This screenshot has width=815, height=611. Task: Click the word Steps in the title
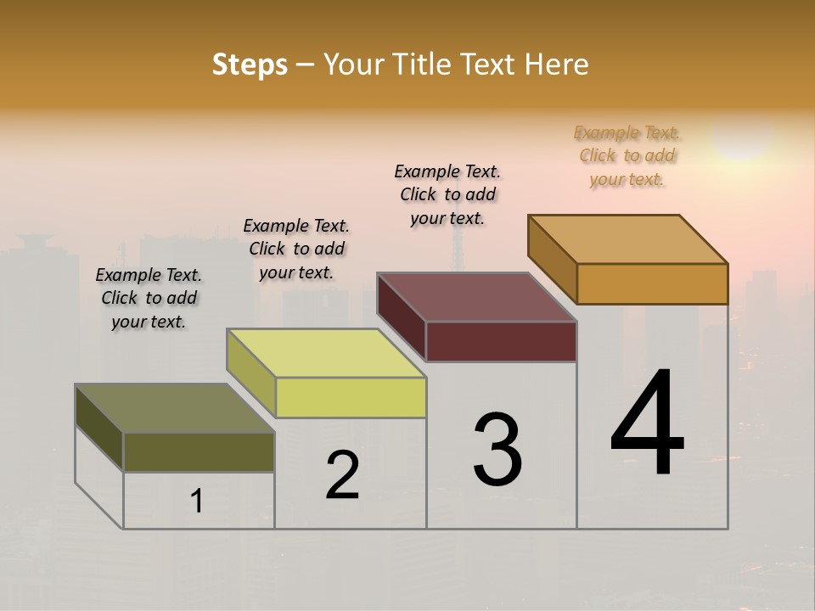pos(250,64)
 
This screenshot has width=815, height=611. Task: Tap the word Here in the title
pos(556,64)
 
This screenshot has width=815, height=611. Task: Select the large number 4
pos(647,424)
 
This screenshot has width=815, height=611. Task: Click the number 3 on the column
pos(497,450)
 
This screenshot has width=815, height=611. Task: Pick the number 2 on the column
pos(342,475)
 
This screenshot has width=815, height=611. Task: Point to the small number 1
pos(197,502)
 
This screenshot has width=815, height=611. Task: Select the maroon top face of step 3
pos(476,297)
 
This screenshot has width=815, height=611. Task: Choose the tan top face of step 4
pos(627,238)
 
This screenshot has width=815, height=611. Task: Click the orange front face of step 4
pos(652,283)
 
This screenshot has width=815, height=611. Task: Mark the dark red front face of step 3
pos(501,341)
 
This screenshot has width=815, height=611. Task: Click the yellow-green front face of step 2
pos(351,397)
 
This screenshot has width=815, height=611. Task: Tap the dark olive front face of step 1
pos(199,451)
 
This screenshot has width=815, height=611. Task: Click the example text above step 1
pos(149,298)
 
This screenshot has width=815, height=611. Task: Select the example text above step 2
pos(296,249)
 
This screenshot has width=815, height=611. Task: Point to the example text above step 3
pos(447,194)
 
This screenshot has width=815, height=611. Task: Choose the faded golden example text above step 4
pos(627,155)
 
